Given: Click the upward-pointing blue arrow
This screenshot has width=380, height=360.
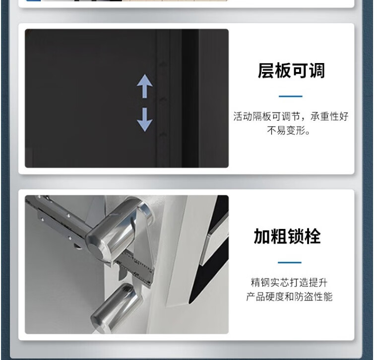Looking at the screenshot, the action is (x=145, y=86).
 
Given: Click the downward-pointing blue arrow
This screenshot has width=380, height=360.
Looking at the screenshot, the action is (x=145, y=120).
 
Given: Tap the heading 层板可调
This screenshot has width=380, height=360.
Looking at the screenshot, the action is (x=291, y=71).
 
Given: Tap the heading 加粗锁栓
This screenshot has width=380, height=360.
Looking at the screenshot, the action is (x=287, y=236).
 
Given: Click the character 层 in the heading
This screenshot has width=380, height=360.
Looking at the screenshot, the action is (x=266, y=71).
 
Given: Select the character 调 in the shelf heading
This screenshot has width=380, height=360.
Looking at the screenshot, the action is (x=317, y=71).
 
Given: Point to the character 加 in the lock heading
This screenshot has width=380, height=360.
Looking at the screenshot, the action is (x=262, y=236).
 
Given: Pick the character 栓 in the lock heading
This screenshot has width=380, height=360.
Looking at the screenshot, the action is (x=313, y=236).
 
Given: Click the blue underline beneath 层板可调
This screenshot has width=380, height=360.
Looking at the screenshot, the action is (x=291, y=96).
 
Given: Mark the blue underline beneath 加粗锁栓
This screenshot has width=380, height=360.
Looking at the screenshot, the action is (x=290, y=262).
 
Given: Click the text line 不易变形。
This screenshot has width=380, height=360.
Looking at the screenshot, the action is (x=289, y=131).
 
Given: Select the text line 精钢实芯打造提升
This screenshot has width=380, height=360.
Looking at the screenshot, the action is (x=289, y=283).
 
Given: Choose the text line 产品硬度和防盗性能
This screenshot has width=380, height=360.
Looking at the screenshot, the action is (x=289, y=296).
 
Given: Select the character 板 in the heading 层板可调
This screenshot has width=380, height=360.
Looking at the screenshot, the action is (x=283, y=71).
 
